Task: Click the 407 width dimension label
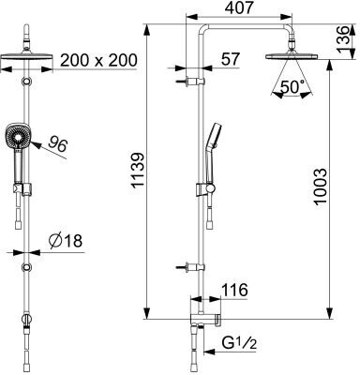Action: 238,7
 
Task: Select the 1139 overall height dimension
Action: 138,171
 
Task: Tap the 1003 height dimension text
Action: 320,187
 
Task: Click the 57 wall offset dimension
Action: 231,59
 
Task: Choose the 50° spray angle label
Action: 292,86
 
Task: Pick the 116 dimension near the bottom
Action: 234,291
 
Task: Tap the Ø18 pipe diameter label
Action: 66,241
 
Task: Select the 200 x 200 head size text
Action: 98,60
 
